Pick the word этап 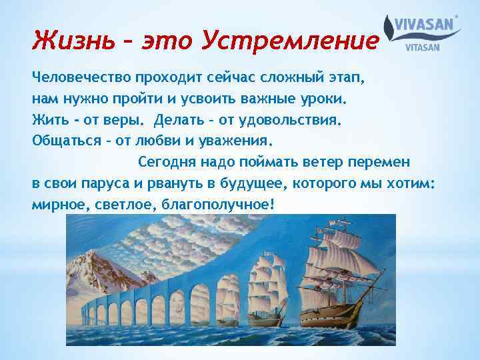tap(339, 77)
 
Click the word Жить tap(49, 119)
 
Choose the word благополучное tap(216, 205)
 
